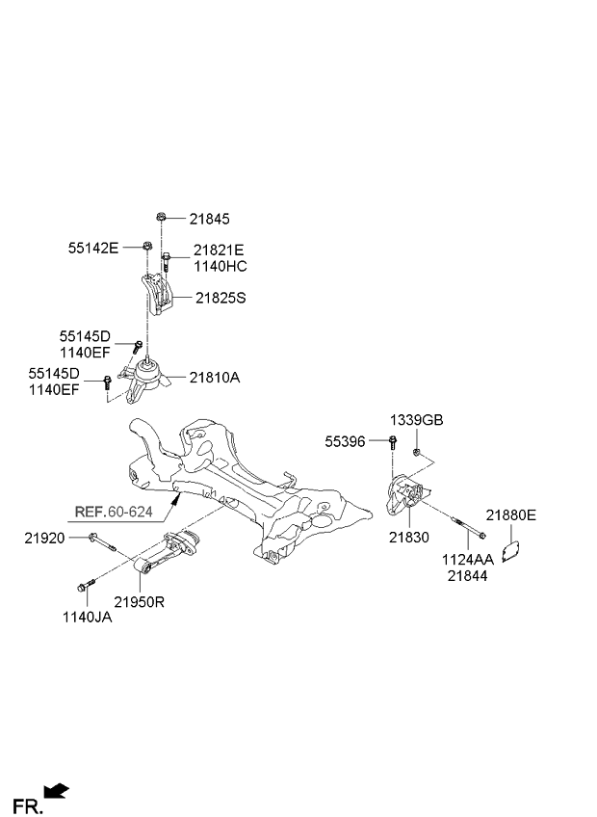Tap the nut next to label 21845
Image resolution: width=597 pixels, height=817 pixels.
[x=159, y=219]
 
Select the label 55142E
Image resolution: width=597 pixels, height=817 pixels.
[x=92, y=248]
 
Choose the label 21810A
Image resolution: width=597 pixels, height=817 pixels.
[x=214, y=378]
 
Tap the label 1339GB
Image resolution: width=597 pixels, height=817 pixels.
[x=417, y=420]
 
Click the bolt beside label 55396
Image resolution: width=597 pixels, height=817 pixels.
[x=394, y=443]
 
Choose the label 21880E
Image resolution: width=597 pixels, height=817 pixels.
[x=510, y=515]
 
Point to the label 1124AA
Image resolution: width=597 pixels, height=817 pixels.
[x=467, y=558]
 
